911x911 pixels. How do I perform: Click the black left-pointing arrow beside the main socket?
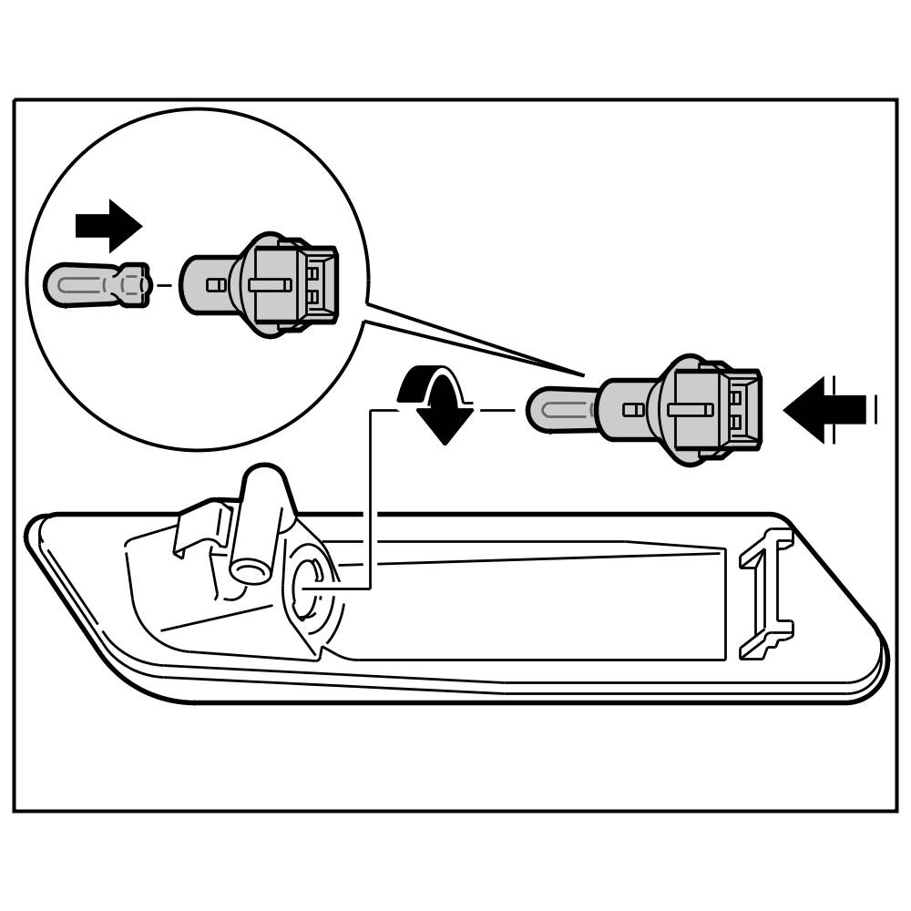[825, 410]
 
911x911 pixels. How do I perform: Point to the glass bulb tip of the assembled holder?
[558, 409]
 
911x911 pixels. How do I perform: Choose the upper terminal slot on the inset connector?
[312, 272]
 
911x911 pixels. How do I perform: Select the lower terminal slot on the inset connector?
[312, 297]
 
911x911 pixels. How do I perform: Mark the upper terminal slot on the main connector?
[735, 397]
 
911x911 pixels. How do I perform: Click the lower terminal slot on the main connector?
[735, 422]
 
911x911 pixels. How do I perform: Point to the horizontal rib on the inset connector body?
[270, 285]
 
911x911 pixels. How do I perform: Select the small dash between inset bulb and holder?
[164, 285]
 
